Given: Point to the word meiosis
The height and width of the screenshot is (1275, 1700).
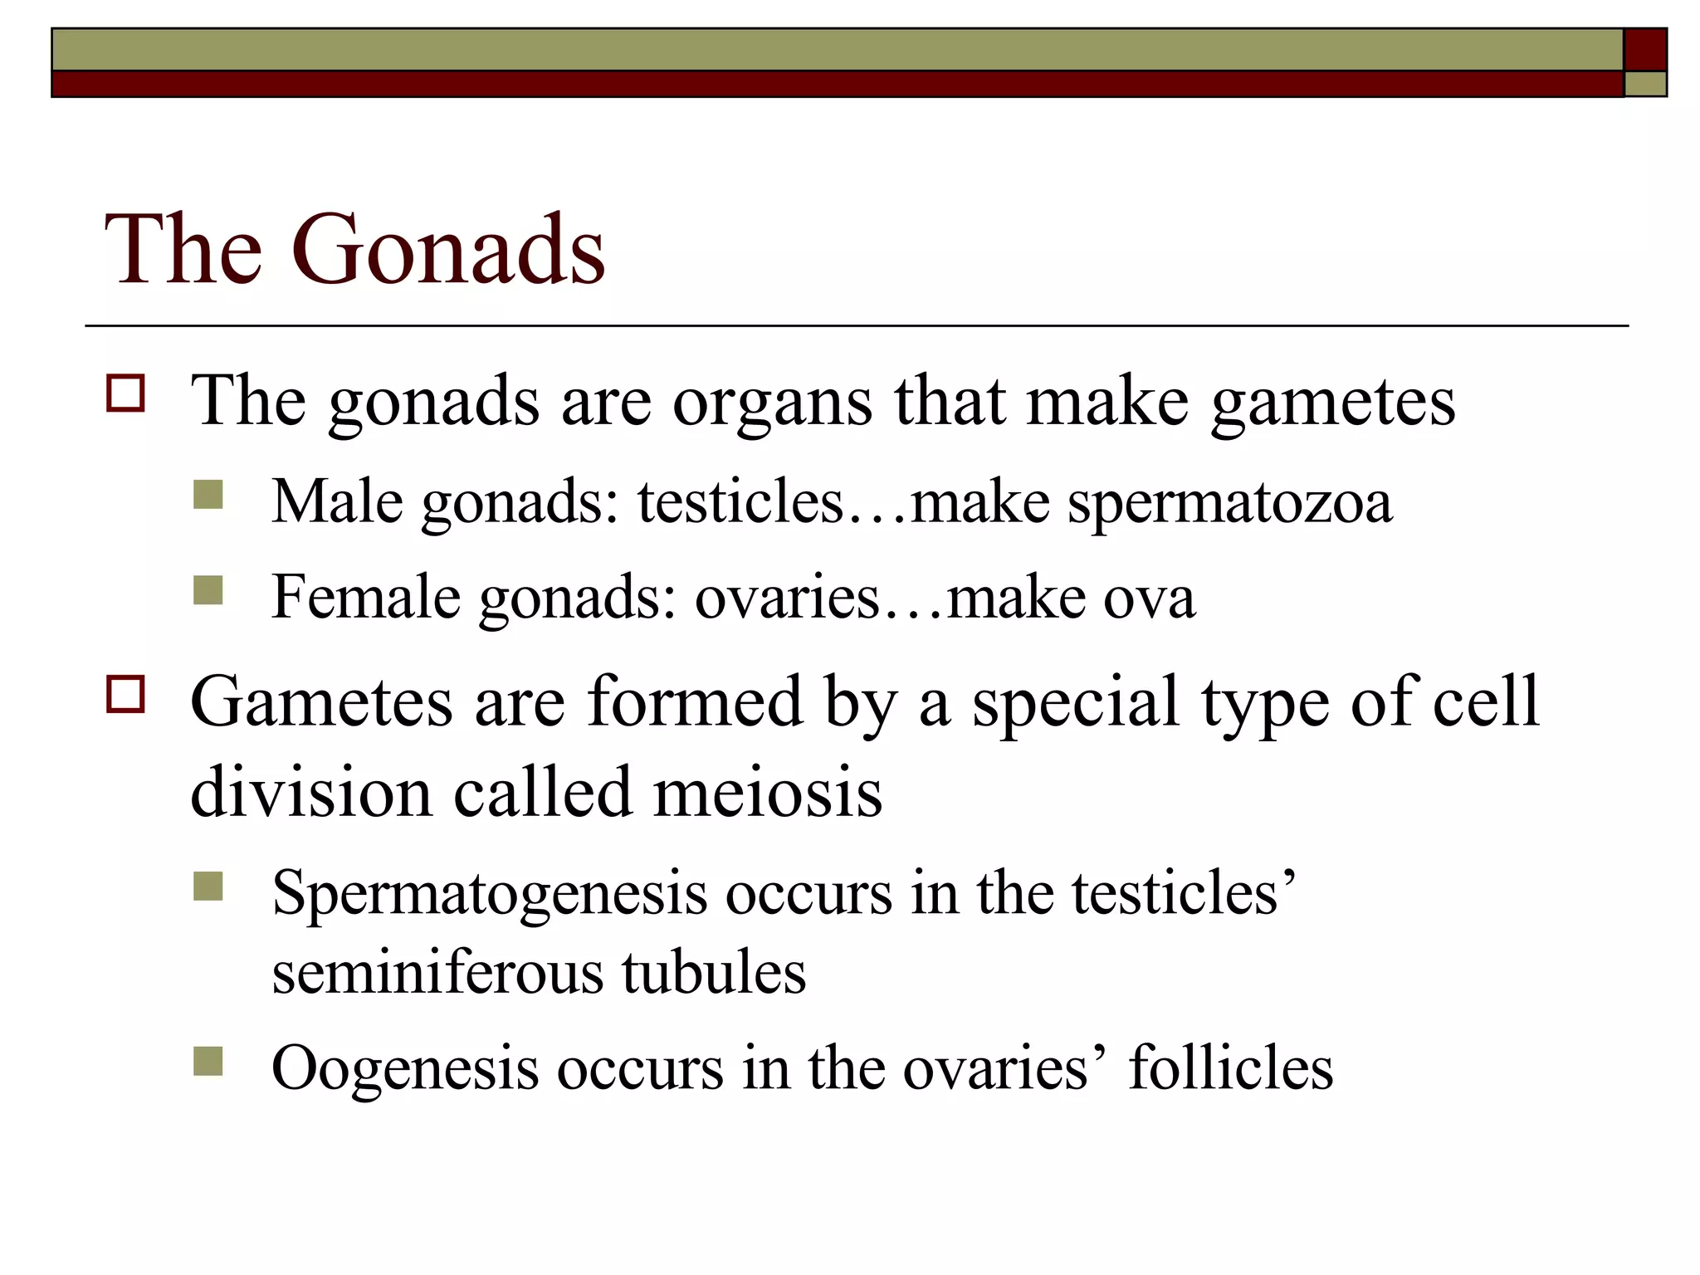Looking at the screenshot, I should (768, 792).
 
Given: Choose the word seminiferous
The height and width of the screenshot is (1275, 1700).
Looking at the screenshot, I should (437, 972).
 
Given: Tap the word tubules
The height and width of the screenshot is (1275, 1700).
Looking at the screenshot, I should (714, 972).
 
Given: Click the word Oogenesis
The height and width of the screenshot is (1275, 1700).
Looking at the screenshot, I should (406, 1069).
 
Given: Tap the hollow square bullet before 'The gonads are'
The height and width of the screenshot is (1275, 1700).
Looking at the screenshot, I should (125, 393).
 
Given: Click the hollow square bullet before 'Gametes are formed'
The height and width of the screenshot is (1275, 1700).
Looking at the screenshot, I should (125, 694).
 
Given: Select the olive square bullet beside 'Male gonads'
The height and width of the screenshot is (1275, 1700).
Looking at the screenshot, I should (208, 495).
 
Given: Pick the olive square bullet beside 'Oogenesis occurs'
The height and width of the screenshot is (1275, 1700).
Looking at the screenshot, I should (208, 1061).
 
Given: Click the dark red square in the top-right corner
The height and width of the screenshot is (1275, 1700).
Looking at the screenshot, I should (1645, 50).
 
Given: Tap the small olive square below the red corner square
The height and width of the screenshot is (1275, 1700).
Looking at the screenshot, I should (1645, 84).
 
